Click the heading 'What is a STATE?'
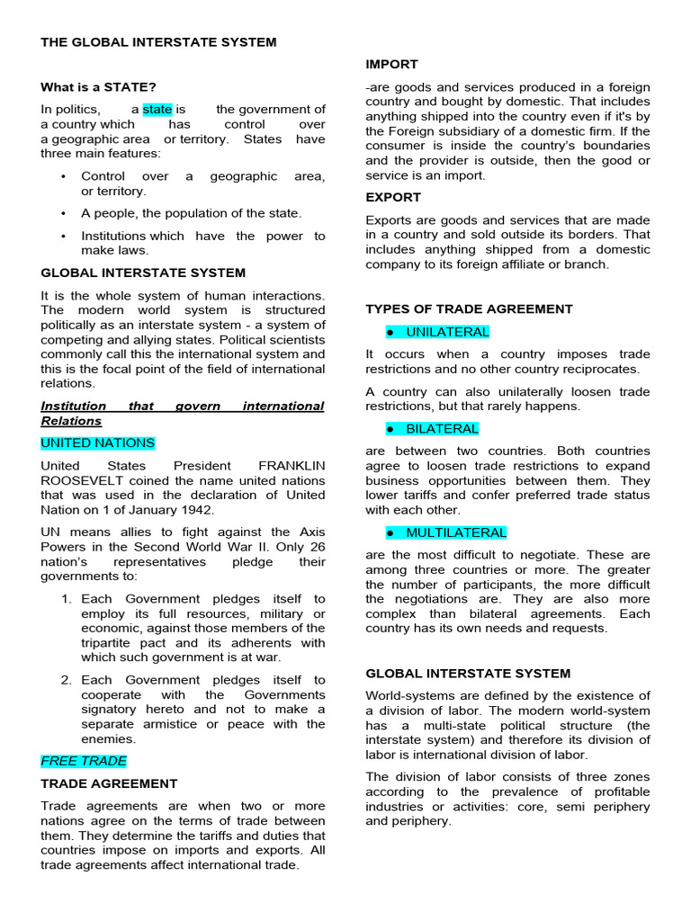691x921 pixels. [x=98, y=87]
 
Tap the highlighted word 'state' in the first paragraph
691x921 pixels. [x=157, y=109]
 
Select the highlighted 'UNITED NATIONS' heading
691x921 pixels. [x=98, y=443]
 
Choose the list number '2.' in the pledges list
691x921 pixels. [x=67, y=681]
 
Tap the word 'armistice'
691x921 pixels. [x=161, y=724]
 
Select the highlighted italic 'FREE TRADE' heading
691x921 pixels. [x=84, y=761]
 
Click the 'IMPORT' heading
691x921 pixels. [x=392, y=65]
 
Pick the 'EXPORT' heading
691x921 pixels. [x=393, y=197]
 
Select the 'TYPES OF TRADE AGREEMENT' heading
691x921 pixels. [x=469, y=308]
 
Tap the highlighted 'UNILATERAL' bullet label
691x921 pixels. [x=447, y=332]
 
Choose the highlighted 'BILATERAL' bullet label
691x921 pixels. [x=442, y=429]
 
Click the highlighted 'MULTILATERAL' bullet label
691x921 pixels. [x=455, y=532]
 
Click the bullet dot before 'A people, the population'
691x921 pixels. [x=63, y=213]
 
